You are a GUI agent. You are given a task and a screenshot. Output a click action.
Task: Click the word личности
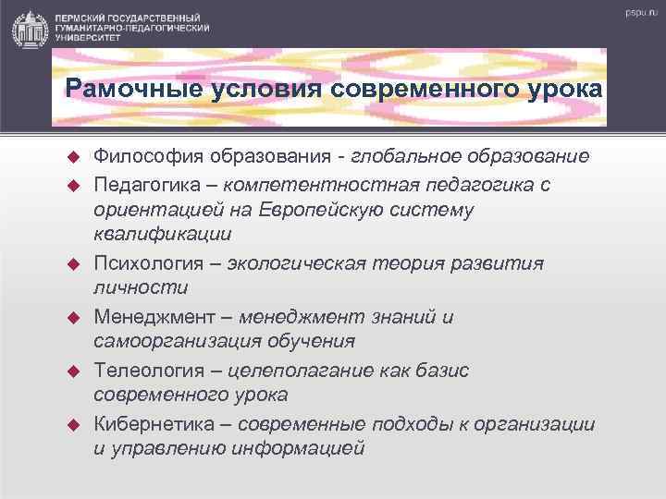point(140,288)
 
